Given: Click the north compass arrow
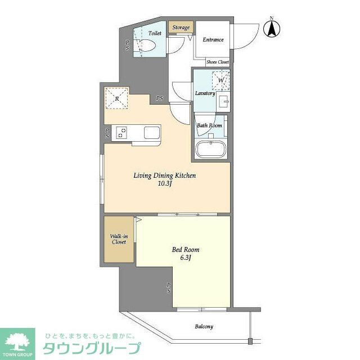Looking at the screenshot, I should click(x=272, y=28).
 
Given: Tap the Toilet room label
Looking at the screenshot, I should click(x=155, y=34).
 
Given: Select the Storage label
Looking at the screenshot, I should click(x=181, y=28).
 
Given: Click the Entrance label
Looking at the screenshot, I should click(x=213, y=40).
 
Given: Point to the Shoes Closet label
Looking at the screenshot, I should click(x=217, y=62).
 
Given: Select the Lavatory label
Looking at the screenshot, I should click(x=205, y=93).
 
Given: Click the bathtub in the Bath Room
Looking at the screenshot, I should click(x=210, y=151).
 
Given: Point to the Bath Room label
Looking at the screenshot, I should click(x=209, y=125).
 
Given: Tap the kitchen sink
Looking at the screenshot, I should click(x=152, y=133).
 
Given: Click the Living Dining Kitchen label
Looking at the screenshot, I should click(x=164, y=175).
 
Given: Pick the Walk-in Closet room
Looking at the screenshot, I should click(x=118, y=240).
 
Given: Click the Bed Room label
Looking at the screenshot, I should click(x=186, y=250).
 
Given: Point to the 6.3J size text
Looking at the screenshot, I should click(x=186, y=258).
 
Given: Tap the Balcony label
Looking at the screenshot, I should click(x=204, y=326).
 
